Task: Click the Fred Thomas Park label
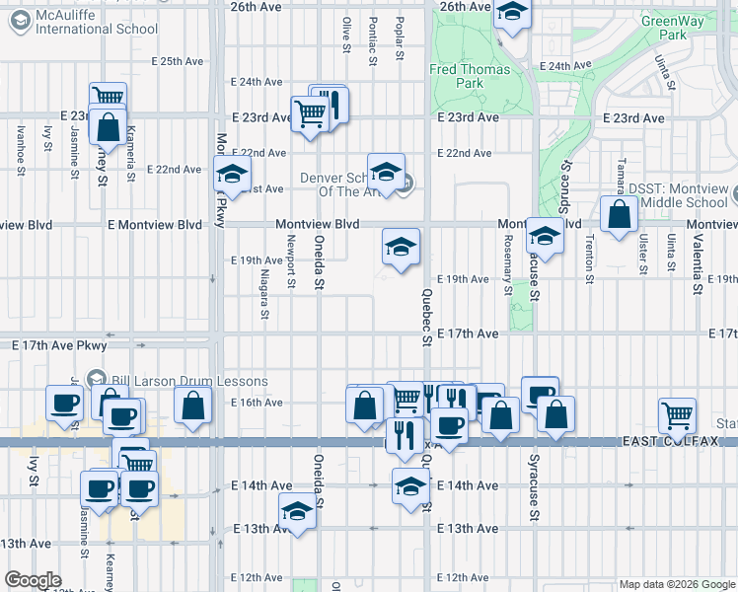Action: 470,76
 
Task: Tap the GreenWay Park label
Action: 666,27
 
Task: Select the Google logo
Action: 33,580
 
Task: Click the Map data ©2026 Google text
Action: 676,584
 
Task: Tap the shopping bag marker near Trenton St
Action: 619,215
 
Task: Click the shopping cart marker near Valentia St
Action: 677,414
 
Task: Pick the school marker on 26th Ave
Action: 512,14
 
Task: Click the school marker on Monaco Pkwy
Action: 232,175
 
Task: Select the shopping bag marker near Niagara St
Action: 193,405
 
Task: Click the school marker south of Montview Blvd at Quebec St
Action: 401,247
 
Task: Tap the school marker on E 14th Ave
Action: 410,485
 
